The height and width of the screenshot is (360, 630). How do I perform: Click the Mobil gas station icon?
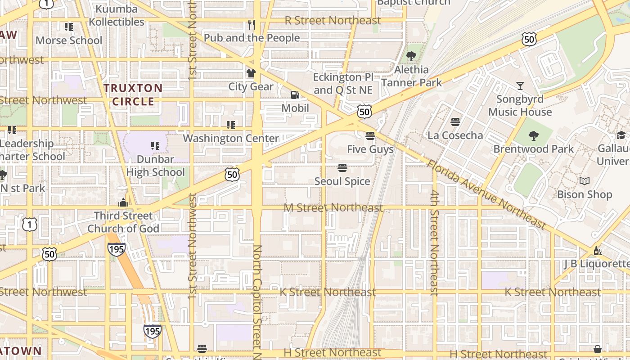point(295,94)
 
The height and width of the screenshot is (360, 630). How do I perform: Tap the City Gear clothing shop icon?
point(251,73)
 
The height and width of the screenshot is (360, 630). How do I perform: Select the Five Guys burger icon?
point(370,135)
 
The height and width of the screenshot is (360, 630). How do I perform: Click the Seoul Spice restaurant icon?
point(342,168)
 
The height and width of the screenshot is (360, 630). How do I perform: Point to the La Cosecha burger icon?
point(455,122)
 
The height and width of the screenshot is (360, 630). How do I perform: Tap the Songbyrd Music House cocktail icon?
point(520,85)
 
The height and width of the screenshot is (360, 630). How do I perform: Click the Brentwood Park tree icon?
point(534,135)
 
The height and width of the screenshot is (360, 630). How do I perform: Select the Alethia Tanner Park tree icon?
point(411,56)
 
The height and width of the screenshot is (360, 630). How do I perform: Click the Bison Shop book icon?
point(585,181)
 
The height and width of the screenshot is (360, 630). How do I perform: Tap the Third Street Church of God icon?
point(123,202)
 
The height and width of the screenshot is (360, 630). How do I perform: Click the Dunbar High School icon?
point(155,145)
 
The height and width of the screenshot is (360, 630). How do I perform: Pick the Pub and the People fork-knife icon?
point(252,24)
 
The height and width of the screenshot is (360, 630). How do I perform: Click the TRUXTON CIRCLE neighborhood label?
point(133,94)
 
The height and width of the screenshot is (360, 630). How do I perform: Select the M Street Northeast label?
point(333,207)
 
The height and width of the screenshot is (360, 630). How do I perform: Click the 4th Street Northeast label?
point(434,243)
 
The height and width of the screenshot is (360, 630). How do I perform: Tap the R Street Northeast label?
point(333,20)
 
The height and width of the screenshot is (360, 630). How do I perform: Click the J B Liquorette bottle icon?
point(598,251)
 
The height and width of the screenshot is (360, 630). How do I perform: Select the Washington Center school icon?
point(231,125)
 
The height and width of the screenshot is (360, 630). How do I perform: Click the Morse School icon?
point(69,27)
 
